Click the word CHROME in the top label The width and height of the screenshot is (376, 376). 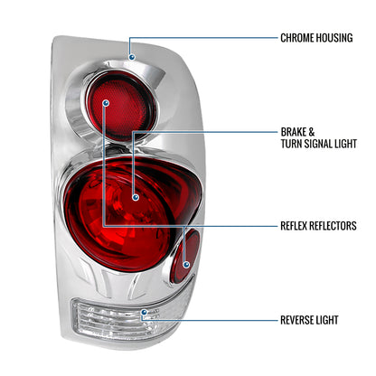coord(301,40)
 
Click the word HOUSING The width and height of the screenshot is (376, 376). coord(346,40)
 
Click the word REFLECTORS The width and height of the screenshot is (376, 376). coord(342,225)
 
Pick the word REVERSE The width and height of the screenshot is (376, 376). coord(300,320)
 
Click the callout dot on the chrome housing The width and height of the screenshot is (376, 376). coord(132,56)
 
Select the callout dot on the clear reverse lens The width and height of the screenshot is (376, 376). coord(144,314)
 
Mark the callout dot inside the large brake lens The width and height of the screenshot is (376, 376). coord(136,195)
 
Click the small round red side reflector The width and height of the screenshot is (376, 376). coord(188,255)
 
